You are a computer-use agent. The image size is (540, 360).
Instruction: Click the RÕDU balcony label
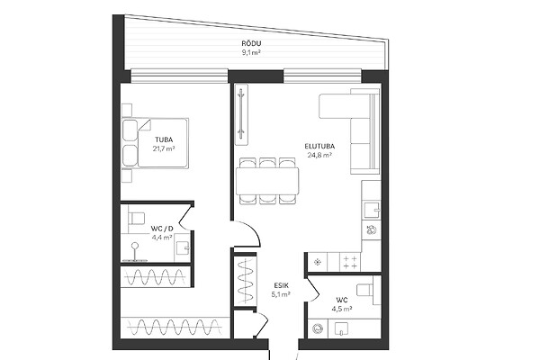point(251,43)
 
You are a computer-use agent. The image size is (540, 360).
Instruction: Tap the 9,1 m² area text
point(251,52)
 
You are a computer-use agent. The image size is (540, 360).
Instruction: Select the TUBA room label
point(164,139)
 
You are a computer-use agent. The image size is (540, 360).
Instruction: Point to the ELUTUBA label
point(319,146)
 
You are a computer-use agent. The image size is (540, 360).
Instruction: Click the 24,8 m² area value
point(319,155)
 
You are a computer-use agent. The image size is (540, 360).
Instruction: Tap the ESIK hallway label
point(282,285)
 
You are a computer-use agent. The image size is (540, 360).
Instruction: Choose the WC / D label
point(162,229)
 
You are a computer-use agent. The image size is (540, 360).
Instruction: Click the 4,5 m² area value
point(342,309)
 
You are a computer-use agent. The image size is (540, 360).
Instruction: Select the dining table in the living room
point(267,181)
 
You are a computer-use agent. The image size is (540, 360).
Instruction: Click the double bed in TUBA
point(155,143)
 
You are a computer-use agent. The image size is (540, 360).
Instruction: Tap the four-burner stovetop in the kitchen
point(350,262)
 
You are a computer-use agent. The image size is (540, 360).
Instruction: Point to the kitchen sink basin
point(372,210)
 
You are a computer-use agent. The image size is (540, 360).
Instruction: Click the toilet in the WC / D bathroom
point(136,218)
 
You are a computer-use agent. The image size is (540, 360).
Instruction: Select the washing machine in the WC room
point(318,328)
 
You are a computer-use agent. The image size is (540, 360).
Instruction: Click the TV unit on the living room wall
point(241,114)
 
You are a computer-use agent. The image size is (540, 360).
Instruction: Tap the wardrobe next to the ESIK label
point(245,281)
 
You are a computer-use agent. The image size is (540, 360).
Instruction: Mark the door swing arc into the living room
point(251,230)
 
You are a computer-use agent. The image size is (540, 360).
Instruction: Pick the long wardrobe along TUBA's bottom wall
point(175,327)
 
